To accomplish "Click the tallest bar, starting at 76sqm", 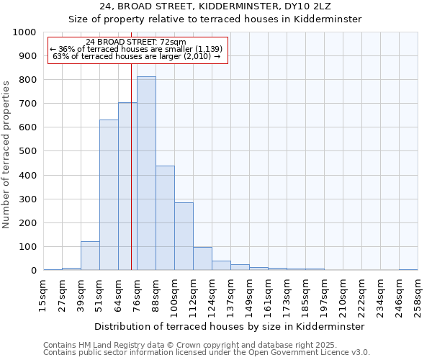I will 146,174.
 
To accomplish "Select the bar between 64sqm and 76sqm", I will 127,186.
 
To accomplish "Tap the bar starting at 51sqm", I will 109,195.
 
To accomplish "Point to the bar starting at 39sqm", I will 90,256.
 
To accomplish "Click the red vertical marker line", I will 131,180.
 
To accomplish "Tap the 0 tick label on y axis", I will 33,271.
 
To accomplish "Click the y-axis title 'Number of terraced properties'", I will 6,154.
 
